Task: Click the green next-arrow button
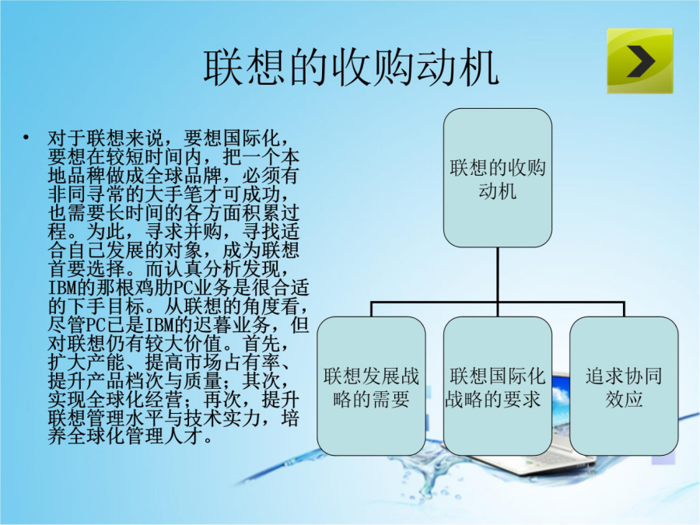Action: point(640,61)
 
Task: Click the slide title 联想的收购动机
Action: point(351,68)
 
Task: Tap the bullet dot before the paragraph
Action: point(26,137)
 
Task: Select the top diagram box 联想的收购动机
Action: point(497,177)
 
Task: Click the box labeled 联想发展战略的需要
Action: point(371,386)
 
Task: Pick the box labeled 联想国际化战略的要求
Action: point(497,386)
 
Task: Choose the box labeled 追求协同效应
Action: point(624,386)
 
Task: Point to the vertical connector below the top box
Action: point(497,275)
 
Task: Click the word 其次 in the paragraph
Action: point(261,381)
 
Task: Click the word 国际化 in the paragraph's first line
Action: point(251,138)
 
